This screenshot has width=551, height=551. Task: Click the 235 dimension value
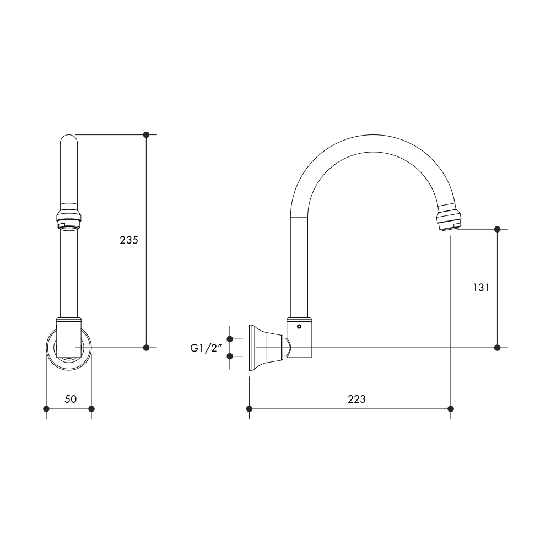tap(128, 240)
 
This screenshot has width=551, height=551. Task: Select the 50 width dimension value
tap(71, 399)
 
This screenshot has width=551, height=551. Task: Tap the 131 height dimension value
tap(481, 288)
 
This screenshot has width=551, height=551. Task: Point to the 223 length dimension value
tap(356, 399)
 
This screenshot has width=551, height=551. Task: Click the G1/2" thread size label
tap(205, 348)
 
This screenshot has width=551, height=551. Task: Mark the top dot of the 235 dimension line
tap(146, 134)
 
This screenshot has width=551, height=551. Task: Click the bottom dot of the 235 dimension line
tap(146, 347)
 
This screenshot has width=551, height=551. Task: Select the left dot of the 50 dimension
tap(46, 408)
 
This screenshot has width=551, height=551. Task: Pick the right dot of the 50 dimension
tap(91, 408)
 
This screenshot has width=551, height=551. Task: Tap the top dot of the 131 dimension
tap(498, 229)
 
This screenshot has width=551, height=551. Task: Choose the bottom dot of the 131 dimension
tap(498, 347)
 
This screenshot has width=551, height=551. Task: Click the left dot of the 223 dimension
tap(250, 408)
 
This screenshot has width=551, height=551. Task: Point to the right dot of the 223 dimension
tap(451, 408)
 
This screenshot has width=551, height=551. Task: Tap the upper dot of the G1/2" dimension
tap(231, 339)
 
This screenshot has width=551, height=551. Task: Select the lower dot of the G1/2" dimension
tap(231, 356)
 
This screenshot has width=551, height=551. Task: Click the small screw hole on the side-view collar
tap(299, 327)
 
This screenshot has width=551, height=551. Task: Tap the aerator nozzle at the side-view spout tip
tap(450, 220)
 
